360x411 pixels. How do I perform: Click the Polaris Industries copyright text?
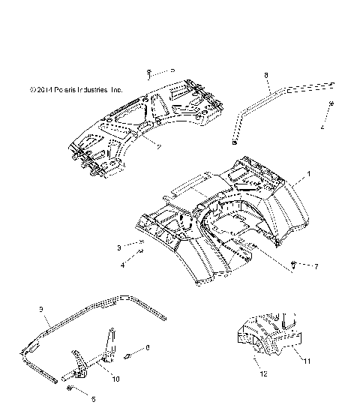coord(76,90)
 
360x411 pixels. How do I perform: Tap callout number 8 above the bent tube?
coord(265,75)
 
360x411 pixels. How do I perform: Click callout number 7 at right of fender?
coord(316,266)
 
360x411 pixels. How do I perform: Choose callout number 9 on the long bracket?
coord(42,309)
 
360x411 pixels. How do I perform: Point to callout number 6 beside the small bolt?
coord(148,348)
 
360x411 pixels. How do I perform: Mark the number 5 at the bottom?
coord(94,399)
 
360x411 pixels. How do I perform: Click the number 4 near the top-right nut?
coord(322,128)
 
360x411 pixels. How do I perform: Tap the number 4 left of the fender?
coord(123,265)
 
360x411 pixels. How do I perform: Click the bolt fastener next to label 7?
coord(294,263)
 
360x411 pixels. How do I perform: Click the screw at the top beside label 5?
coord(151,72)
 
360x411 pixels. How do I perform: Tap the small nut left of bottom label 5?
coord(70,389)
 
